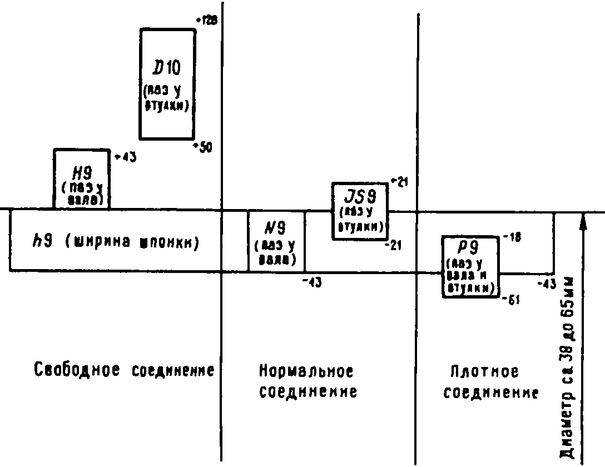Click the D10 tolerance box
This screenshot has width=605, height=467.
tap(167, 84)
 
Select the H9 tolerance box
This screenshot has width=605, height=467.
tap(81, 178)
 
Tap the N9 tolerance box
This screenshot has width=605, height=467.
tap(276, 241)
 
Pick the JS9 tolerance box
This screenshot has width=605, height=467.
tap(360, 211)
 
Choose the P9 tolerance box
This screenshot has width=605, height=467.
tap(470, 266)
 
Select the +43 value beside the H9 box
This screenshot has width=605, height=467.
tap(125, 157)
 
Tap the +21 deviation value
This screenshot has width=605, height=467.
tap(399, 181)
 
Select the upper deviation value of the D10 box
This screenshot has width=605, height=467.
tap(205, 21)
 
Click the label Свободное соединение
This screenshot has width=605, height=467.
tap(124, 370)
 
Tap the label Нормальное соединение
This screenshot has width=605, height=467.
tap(308, 381)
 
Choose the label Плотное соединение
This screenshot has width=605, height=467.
tap(493, 382)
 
